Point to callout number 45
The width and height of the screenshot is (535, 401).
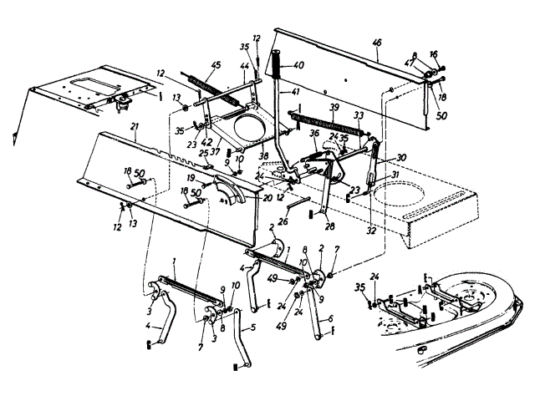tap(215, 66)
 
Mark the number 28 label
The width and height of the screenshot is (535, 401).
tap(330, 226)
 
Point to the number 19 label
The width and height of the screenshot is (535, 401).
tap(191, 177)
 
